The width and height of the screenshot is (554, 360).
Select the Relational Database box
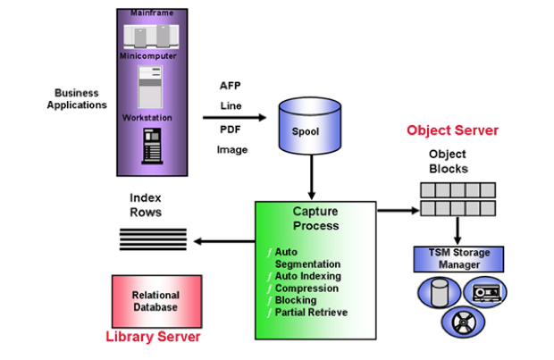coord(155,301)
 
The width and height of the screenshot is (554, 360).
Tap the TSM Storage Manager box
coord(458,259)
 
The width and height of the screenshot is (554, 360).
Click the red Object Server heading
coord(452,130)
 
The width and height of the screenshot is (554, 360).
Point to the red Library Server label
coord(153,337)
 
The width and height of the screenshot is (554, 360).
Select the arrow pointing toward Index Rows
coord(223,240)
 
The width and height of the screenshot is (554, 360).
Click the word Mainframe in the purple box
coord(151,13)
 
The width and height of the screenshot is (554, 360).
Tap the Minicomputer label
coord(151,56)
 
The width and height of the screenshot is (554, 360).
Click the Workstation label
coord(151,117)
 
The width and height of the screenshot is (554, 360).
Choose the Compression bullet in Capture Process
coord(306,289)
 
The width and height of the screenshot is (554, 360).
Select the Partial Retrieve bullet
coord(311,313)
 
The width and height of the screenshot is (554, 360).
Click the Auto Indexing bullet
coord(306,277)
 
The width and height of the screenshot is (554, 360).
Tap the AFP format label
coord(231,86)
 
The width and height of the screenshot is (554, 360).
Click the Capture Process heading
coord(316,218)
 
